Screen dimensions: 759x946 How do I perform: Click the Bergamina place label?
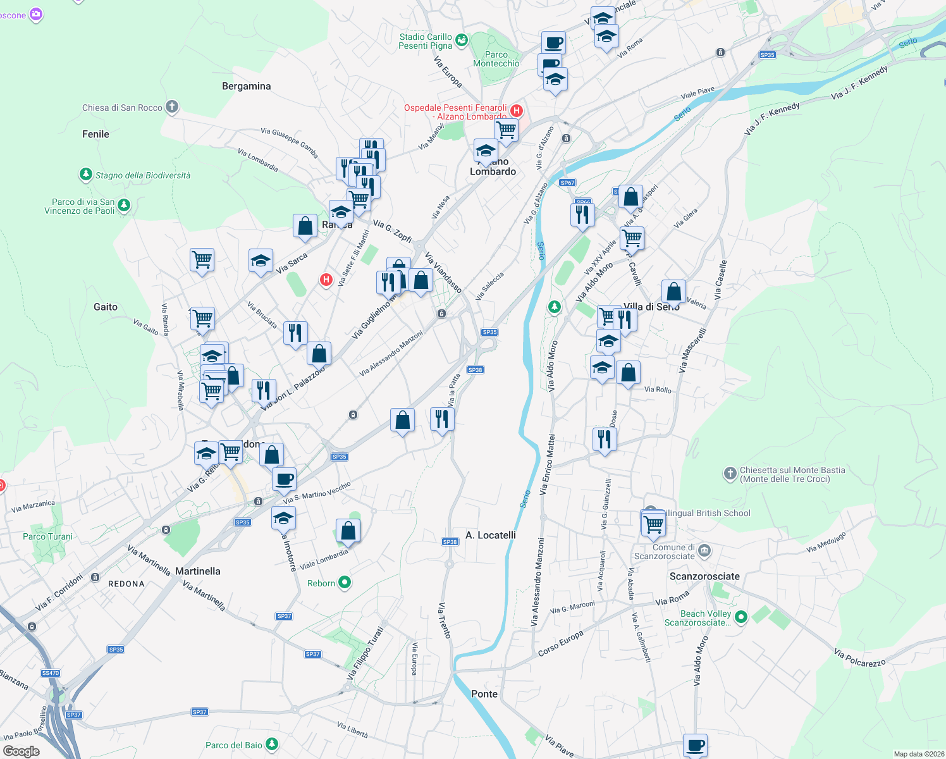[246, 86]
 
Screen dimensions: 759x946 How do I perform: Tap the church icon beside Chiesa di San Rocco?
[172, 107]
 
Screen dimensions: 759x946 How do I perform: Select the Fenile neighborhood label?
[95, 134]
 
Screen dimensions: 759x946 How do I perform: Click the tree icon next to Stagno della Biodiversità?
[85, 174]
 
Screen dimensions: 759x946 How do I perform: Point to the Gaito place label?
[106, 307]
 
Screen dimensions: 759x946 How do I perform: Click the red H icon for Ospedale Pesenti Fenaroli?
[517, 111]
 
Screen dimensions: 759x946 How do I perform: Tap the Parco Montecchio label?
[496, 59]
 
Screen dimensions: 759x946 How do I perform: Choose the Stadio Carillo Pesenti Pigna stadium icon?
[462, 40]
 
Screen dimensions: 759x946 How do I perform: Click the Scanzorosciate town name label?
[704, 576]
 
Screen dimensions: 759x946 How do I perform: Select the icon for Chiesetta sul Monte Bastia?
[730, 473]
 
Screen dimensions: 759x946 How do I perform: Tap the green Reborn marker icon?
[345, 583]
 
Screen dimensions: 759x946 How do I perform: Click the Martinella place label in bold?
[198, 571]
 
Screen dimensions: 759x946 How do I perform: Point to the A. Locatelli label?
[491, 535]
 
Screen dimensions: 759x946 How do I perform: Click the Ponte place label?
[484, 694]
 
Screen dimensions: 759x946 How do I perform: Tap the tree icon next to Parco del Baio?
[272, 744]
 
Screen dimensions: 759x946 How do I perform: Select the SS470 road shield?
[51, 673]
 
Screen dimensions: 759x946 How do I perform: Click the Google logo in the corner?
[21, 751]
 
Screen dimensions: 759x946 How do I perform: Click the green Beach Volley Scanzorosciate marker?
[742, 617]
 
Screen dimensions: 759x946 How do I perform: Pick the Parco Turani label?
[47, 536]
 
